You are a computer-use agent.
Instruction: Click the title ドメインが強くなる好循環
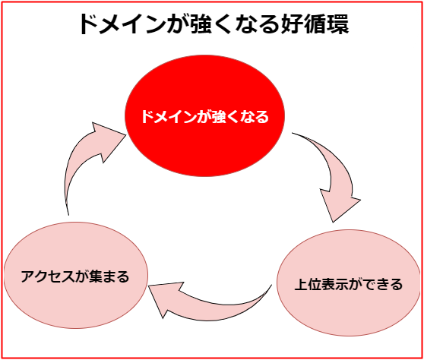pyautogui.click(x=214, y=24)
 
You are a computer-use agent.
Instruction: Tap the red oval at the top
pyautogui.click(x=204, y=116)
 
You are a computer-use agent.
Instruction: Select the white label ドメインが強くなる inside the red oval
pyautogui.click(x=205, y=117)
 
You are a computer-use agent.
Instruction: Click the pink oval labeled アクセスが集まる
pyautogui.click(x=76, y=276)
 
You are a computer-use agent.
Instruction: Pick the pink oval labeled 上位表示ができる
pyautogui.click(x=349, y=283)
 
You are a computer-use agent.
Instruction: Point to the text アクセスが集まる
pyautogui.click(x=75, y=276)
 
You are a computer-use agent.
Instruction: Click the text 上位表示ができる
pyautogui.click(x=349, y=284)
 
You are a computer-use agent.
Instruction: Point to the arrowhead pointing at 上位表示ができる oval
pyautogui.click(x=339, y=206)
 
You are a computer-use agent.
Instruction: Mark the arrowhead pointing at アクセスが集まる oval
pyautogui.click(x=166, y=299)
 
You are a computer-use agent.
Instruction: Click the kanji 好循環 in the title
pyautogui.click(x=315, y=24)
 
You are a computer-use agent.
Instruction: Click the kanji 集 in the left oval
pyautogui.click(x=96, y=276)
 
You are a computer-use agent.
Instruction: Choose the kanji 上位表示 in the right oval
pyautogui.click(x=321, y=284)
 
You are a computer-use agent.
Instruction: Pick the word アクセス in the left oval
pyautogui.click(x=48, y=276)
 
